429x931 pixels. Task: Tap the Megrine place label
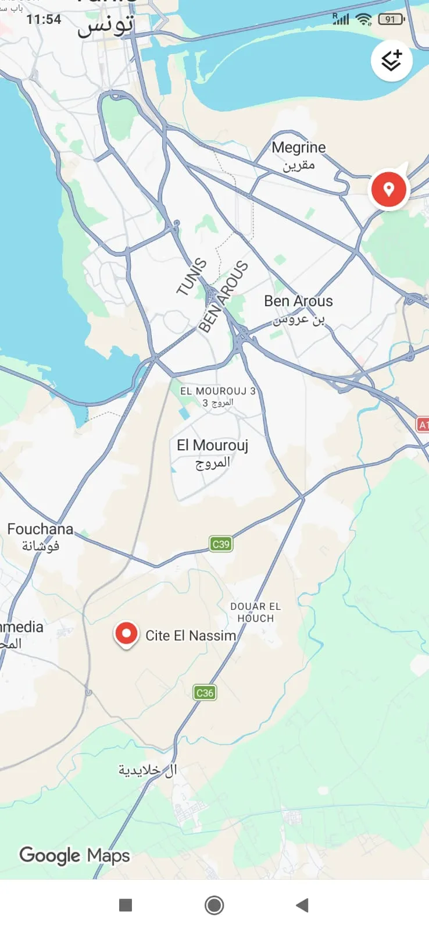click(x=298, y=155)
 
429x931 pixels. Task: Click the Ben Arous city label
click(x=298, y=308)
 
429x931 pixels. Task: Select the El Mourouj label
click(x=212, y=453)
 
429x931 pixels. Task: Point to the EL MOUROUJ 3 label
click(x=218, y=396)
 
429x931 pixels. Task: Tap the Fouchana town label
click(x=40, y=536)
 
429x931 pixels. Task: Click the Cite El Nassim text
click(x=191, y=635)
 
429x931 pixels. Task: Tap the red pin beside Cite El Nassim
click(x=126, y=634)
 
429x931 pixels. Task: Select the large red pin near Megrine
click(x=389, y=189)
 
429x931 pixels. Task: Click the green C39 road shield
click(x=221, y=544)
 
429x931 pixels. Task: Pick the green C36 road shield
click(x=205, y=692)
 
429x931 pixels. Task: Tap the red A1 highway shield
click(x=423, y=425)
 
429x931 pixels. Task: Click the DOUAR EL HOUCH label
click(x=255, y=612)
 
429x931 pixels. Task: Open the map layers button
click(x=392, y=61)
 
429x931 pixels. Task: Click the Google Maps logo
click(x=74, y=855)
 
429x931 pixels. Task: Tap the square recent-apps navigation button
click(x=126, y=905)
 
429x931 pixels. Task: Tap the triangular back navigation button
click(x=302, y=905)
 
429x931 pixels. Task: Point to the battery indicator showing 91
click(x=391, y=19)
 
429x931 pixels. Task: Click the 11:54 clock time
click(x=44, y=19)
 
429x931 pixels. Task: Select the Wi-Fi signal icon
click(x=364, y=19)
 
